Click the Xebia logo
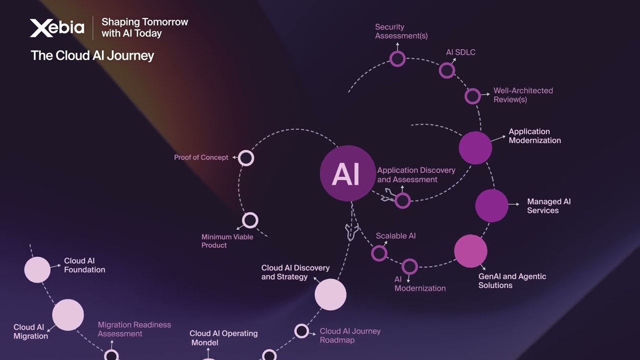click(x=57, y=27)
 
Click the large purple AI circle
click(x=347, y=173)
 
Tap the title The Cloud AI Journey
click(x=92, y=55)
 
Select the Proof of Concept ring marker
click(x=246, y=158)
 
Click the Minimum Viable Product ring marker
click(x=250, y=220)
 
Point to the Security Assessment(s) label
click(x=401, y=31)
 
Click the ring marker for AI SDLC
click(x=447, y=70)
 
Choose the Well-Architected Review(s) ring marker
click(x=472, y=96)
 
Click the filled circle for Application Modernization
click(x=475, y=148)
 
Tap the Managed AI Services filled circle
click(x=491, y=205)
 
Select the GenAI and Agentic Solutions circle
click(x=470, y=251)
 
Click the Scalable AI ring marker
click(x=379, y=253)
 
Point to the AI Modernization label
click(x=419, y=284)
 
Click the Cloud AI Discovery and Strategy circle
click(x=330, y=294)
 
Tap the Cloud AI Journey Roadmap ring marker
click(x=301, y=331)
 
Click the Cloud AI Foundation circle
click(x=37, y=269)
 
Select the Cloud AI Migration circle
click(x=68, y=315)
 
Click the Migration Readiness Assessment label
click(x=134, y=329)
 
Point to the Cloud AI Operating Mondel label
click(x=223, y=338)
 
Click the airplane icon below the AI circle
click(x=351, y=231)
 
